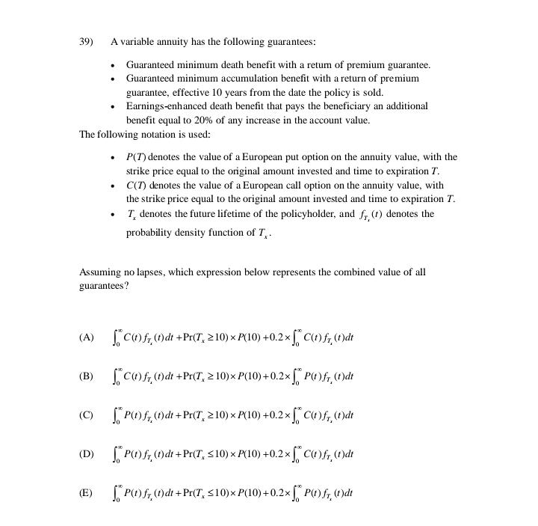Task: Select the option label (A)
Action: pos(86,337)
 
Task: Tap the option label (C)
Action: pos(86,415)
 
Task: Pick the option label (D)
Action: pos(86,454)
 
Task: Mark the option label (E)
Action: pos(86,493)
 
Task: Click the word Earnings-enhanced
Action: pos(164,106)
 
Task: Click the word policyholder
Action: pos(306,215)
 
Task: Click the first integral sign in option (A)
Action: pos(115,337)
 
